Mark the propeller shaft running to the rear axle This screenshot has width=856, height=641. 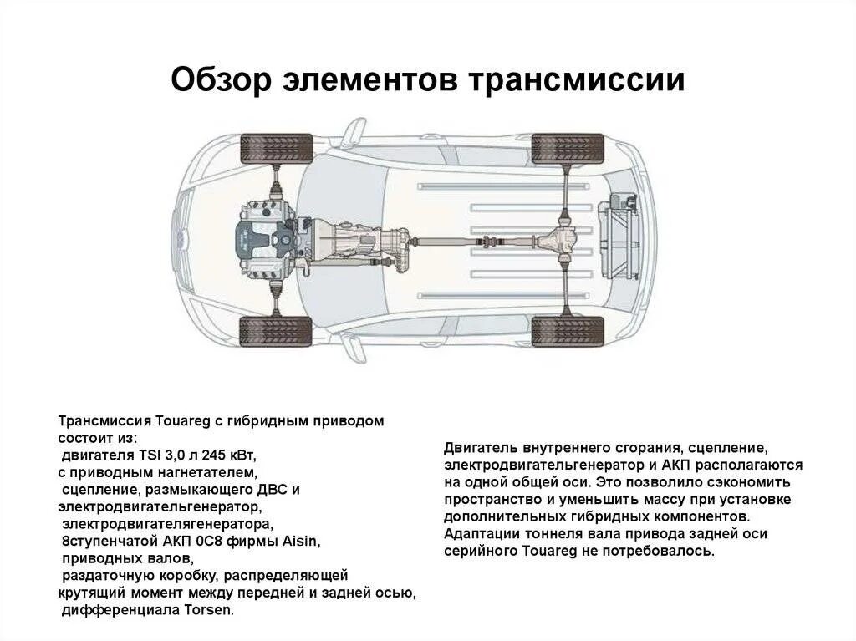point(472,242)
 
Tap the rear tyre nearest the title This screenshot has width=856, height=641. point(568,149)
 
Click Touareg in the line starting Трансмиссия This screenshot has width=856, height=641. point(172,421)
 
